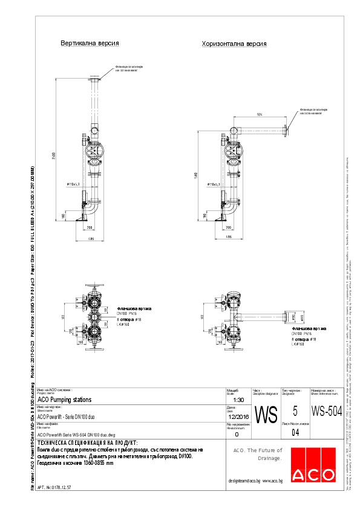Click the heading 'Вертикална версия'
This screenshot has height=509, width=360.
(90, 44)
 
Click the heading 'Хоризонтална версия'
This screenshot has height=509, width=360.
(234, 44)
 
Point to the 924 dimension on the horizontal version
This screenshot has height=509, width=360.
(260, 114)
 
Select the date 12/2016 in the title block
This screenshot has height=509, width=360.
(238, 417)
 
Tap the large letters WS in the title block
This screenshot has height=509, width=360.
(266, 415)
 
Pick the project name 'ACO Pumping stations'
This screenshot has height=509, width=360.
(65, 400)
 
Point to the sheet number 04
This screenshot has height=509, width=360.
(295, 433)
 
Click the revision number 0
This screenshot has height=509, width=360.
(237, 434)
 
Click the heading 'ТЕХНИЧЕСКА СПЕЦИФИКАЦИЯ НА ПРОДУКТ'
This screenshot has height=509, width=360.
(88, 443)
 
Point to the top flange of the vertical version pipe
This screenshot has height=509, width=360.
(96, 80)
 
